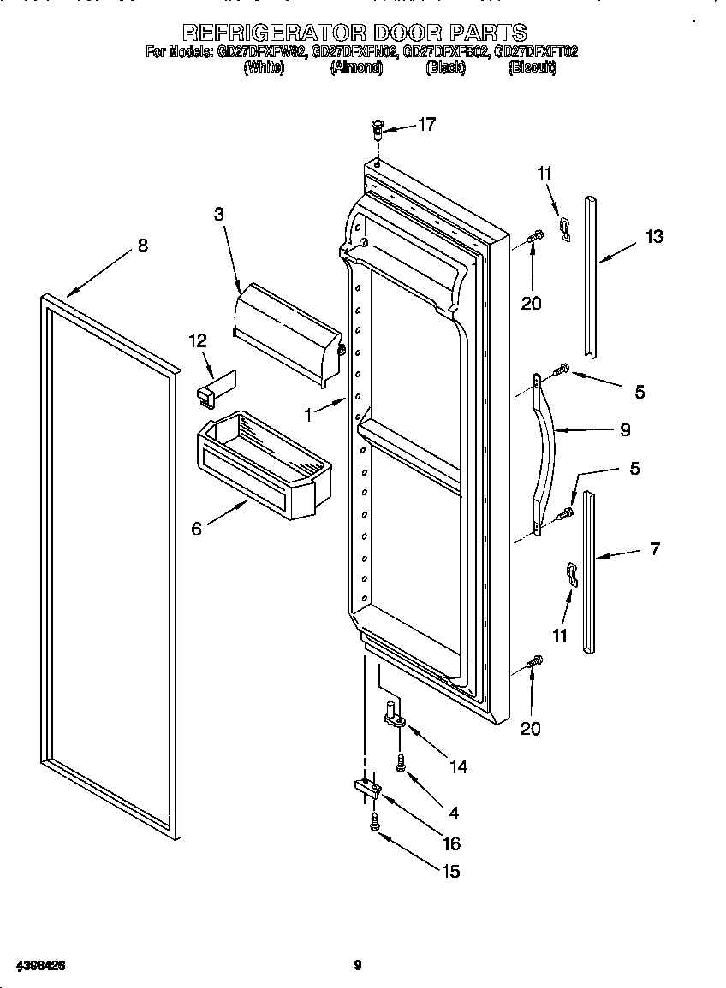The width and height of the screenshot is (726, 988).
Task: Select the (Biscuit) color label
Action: coord(532,68)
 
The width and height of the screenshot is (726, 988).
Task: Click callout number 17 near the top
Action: coord(425,125)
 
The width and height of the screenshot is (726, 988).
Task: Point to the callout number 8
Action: coord(142,246)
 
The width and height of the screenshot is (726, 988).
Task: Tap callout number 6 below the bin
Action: coord(197,529)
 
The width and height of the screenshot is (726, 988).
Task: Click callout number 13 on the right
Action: coord(653,237)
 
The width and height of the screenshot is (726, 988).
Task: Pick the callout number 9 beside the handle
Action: coord(624,429)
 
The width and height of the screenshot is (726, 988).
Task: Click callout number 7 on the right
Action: coord(655,549)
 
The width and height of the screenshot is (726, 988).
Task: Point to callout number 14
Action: coord(458,766)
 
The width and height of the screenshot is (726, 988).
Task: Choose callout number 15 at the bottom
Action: coord(450,871)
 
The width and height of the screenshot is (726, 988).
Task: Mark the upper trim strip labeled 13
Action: coord(590,274)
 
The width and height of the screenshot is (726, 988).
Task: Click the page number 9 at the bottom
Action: coord(358,966)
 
